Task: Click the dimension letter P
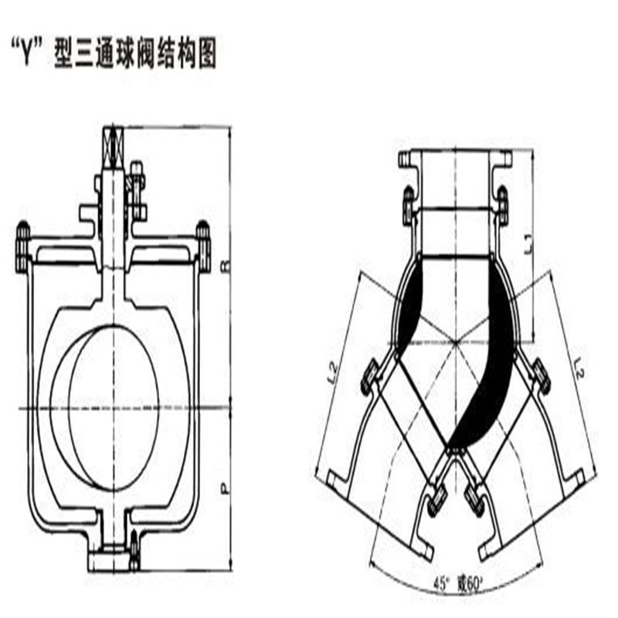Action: (x=226, y=488)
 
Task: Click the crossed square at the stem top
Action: (x=114, y=144)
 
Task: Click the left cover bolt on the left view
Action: (x=21, y=240)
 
